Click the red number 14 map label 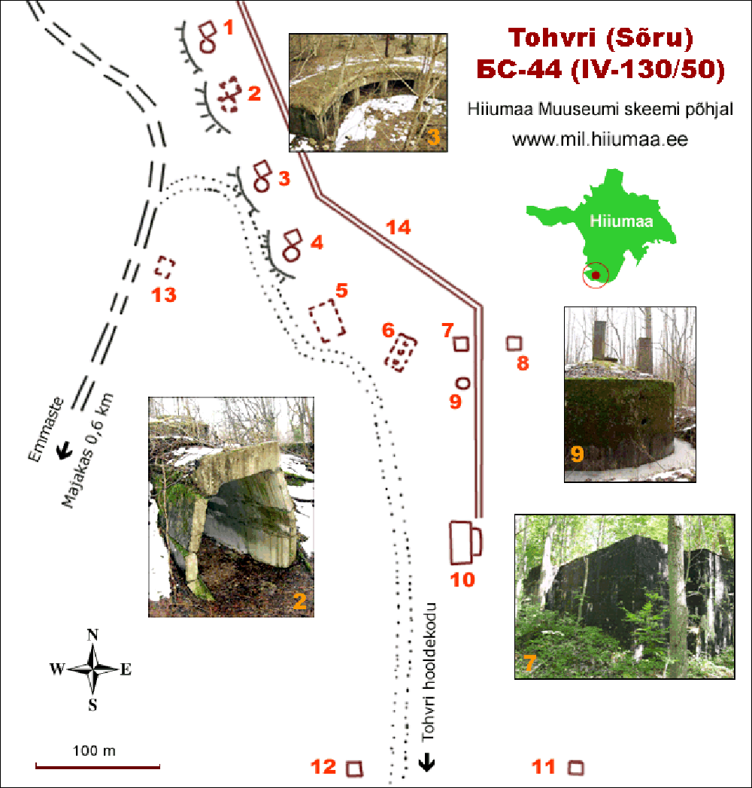(399, 228)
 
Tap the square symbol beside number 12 (354, 768)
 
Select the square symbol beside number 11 (576, 768)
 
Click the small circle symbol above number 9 (462, 383)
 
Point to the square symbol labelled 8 (514, 343)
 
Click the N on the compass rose (92, 635)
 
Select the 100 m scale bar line (98, 767)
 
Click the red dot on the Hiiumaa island (596, 275)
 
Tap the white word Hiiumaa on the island (621, 221)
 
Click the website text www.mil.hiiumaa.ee (600, 139)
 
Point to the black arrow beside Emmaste (64, 451)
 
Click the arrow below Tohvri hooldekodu (427, 762)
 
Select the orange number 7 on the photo (529, 663)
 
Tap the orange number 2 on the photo (300, 601)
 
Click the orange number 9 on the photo (577, 454)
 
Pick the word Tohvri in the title (552, 38)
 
